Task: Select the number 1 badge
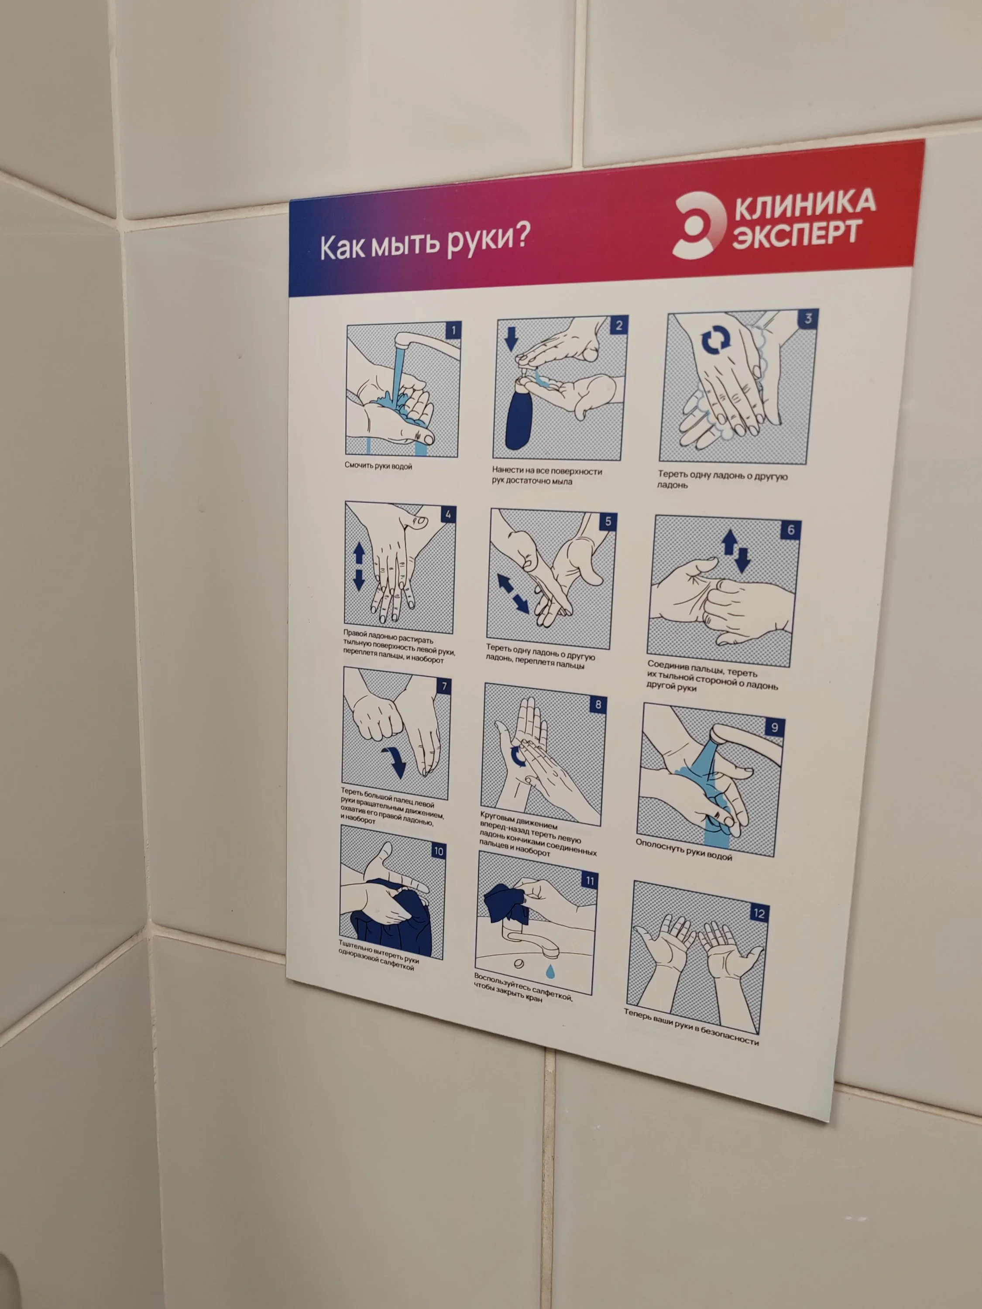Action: [x=453, y=330]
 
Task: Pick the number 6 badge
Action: [x=791, y=530]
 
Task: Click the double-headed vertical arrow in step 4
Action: [x=359, y=567]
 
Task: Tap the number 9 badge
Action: [x=774, y=728]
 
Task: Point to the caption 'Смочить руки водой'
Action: [x=378, y=466]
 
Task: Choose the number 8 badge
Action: [x=598, y=704]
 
